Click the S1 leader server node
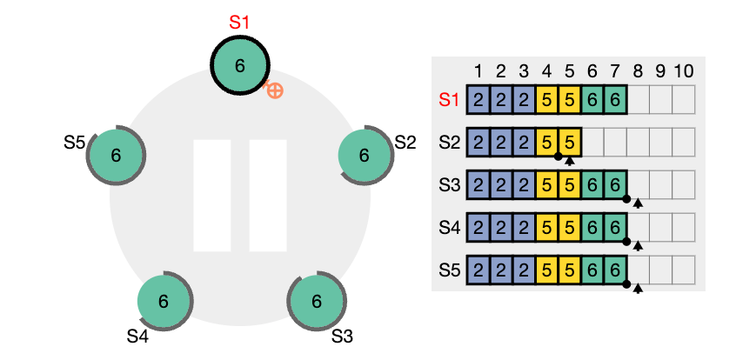point(240,66)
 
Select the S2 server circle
point(365,156)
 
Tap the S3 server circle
point(317,301)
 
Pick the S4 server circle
point(164,301)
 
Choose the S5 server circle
point(116,156)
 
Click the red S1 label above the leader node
point(239,23)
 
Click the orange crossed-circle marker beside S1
point(275,90)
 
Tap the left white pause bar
point(212,196)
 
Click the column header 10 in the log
point(684,72)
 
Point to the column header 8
point(638,72)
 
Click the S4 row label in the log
point(450,228)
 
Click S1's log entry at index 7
point(615,99)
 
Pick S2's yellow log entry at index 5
point(569,143)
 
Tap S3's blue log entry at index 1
point(478,185)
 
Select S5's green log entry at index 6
point(592,270)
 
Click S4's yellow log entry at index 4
point(547,228)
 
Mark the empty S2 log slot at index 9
point(660,143)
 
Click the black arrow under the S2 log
point(569,162)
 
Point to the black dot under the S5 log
point(626,284)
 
